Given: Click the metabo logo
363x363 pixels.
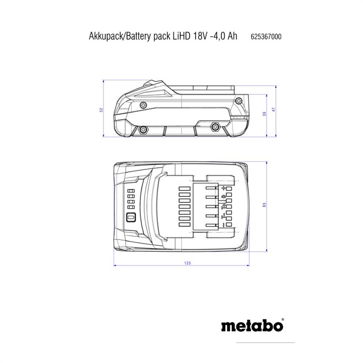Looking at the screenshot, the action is click(x=252, y=325).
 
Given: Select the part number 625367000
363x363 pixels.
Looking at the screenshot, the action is click(x=266, y=37).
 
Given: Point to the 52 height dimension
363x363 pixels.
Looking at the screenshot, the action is click(x=101, y=110).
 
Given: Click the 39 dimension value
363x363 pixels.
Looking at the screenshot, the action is click(x=265, y=114).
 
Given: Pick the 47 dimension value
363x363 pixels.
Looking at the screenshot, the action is click(x=274, y=109).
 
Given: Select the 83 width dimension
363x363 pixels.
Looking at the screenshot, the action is click(x=265, y=205).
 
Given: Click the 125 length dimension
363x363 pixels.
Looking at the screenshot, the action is click(x=187, y=263).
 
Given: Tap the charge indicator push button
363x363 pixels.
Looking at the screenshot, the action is click(x=131, y=218).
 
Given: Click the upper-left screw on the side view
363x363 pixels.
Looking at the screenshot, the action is click(x=143, y=106).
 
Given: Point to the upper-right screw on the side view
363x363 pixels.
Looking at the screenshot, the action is click(x=239, y=101).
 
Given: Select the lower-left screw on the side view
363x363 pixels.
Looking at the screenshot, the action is click(x=143, y=130).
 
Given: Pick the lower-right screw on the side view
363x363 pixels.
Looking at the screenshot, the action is click(x=215, y=127).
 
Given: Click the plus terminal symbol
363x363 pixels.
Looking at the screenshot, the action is click(x=224, y=188).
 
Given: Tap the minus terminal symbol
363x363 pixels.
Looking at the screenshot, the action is click(x=224, y=225).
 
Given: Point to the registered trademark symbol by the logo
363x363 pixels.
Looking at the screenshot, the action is click(x=283, y=320).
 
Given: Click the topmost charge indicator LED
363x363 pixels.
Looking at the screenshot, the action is click(x=131, y=191).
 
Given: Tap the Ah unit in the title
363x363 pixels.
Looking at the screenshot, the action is click(x=232, y=36).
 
